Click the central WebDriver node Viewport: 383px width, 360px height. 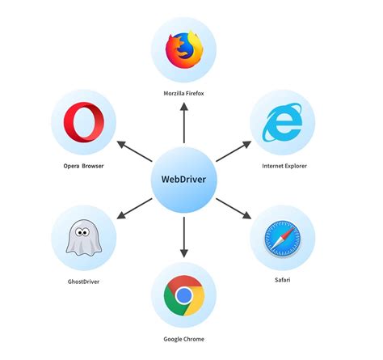pos(185,177)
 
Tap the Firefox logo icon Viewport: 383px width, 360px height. pos(184,51)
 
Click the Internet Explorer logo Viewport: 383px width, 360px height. pos(284,124)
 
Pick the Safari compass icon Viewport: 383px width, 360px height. pos(282,238)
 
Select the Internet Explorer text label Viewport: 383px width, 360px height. pos(284,166)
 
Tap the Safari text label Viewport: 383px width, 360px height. pos(282,280)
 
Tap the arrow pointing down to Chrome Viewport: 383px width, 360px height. pos(185,235)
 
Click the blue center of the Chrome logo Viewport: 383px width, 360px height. pos(185,295)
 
